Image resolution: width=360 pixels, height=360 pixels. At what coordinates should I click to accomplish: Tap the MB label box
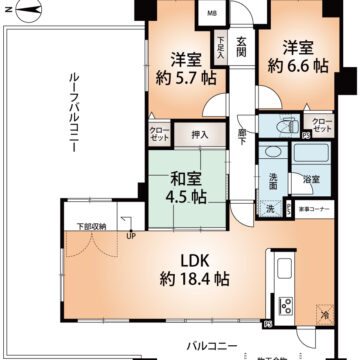click(x=211, y=13)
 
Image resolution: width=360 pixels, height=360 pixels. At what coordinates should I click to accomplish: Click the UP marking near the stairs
click(x=131, y=236)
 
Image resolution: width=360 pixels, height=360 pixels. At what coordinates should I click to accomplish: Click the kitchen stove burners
click(x=284, y=304)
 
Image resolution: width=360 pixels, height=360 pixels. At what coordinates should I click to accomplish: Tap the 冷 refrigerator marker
click(x=326, y=313)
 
